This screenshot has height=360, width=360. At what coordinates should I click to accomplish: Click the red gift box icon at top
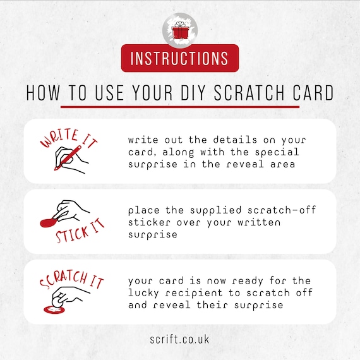[x=180, y=30]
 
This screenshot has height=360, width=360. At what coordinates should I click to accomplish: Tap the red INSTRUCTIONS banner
[x=180, y=58]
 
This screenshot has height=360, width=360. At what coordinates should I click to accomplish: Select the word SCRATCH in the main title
[x=248, y=93]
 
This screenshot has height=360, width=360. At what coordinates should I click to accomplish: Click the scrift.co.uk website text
[x=180, y=339]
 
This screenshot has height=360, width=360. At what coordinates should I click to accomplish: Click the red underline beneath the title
[x=180, y=107]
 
